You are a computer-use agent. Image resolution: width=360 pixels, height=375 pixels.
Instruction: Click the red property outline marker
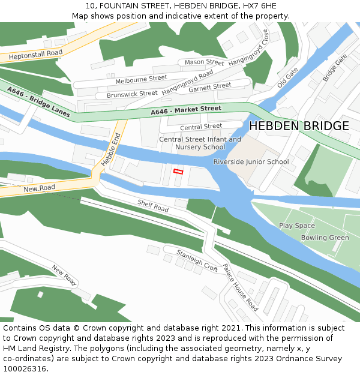(x=178, y=172)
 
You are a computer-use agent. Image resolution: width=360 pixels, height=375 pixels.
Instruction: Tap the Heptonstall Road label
(x=35, y=54)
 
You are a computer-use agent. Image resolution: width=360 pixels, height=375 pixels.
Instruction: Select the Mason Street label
(x=204, y=62)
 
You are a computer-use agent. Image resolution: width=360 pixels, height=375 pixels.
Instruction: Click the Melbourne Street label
(x=141, y=79)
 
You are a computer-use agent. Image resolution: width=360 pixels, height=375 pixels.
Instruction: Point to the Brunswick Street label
(x=132, y=94)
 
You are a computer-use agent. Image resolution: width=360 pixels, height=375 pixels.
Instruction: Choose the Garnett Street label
(x=209, y=87)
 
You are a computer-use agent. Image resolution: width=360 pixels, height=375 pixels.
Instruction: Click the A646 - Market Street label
(x=186, y=110)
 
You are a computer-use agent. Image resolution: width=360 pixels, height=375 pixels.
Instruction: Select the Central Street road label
(x=201, y=127)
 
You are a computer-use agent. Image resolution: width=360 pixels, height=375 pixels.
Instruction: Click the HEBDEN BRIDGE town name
(x=298, y=126)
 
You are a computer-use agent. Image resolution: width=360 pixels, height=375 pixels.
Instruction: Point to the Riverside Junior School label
(x=251, y=162)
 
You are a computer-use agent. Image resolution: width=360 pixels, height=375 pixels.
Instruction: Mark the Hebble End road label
(x=111, y=149)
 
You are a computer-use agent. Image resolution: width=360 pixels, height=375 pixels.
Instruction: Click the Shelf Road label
(x=153, y=206)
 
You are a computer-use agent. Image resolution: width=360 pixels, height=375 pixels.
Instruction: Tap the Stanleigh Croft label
(x=197, y=261)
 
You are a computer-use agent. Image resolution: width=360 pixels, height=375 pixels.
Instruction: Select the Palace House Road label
(x=240, y=287)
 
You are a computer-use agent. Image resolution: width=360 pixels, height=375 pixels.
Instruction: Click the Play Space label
(x=296, y=226)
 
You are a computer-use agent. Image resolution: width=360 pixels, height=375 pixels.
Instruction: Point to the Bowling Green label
(x=325, y=238)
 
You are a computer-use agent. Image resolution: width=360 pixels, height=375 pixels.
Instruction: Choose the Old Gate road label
(x=287, y=78)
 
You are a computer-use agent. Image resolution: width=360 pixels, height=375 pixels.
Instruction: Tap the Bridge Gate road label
(x=334, y=68)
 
